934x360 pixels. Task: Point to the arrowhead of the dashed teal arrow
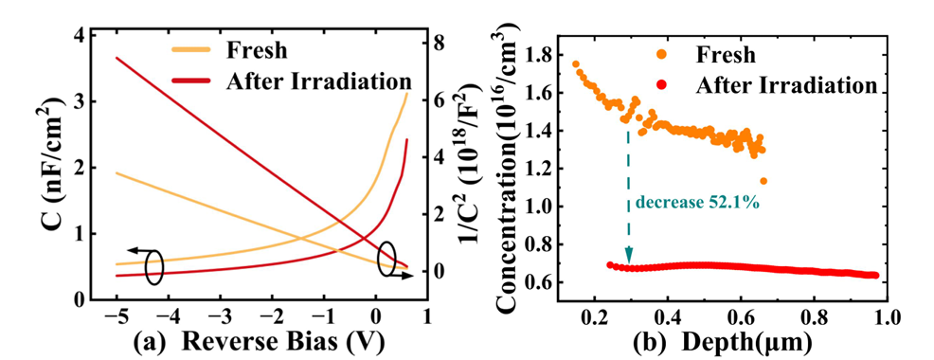tap(628, 258)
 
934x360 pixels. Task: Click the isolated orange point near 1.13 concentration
tap(763, 181)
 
